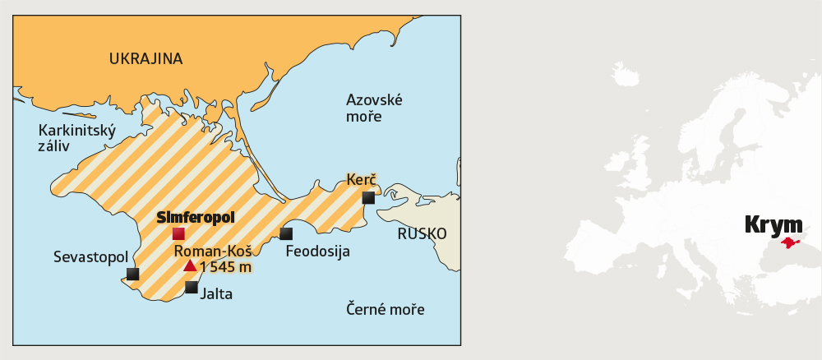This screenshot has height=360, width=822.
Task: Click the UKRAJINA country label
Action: click(145, 58)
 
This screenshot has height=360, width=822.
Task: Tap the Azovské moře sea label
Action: click(374, 108)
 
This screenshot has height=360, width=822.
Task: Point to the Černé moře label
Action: click(385, 310)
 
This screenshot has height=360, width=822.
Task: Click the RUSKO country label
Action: click(422, 234)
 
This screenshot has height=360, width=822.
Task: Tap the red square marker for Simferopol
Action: click(178, 233)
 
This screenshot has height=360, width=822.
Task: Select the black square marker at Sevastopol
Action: click(133, 274)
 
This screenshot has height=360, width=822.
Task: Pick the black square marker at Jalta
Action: click(192, 287)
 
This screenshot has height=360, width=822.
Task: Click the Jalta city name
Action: click(217, 293)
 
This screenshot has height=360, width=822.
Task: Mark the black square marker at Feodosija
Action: click(286, 233)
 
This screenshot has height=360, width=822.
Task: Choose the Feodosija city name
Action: click(317, 252)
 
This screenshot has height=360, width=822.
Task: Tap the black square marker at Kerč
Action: click(368, 197)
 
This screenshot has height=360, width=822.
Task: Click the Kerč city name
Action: click(362, 179)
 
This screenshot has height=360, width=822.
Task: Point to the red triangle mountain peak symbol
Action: click(190, 265)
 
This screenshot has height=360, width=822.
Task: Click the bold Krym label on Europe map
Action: click(773, 224)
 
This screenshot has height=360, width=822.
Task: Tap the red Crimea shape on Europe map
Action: click(790, 242)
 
